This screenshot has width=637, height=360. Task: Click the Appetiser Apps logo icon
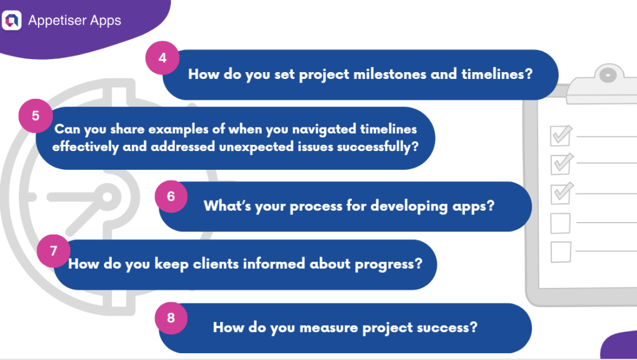click(x=12, y=21)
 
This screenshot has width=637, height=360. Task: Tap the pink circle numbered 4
click(x=162, y=58)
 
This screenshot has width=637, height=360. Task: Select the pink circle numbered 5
click(x=35, y=116)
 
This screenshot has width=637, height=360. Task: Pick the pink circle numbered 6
click(x=171, y=196)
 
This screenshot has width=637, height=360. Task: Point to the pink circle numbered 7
click(x=53, y=251)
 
